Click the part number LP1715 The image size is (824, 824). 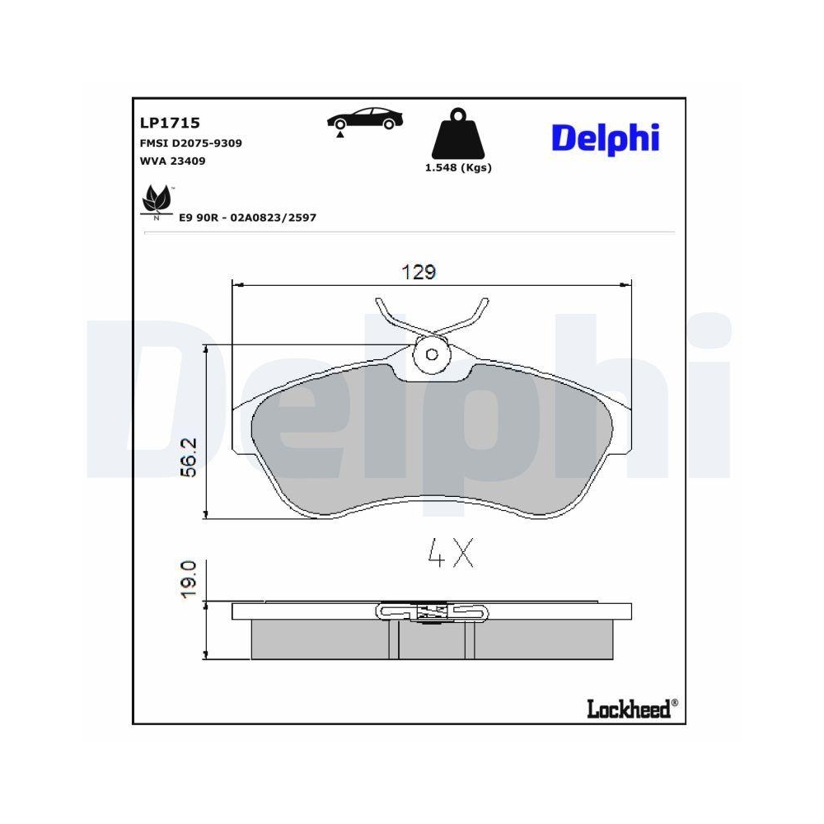click(x=171, y=123)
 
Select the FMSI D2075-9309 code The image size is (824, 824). click(x=191, y=143)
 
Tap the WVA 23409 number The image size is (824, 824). click(x=173, y=161)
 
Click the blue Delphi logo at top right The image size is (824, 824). click(x=606, y=138)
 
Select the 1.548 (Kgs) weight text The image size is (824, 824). click(x=457, y=167)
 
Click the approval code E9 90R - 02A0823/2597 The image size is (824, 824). click(x=247, y=217)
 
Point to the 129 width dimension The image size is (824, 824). click(x=419, y=272)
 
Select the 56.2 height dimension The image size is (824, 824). click(x=188, y=457)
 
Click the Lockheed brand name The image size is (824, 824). click(x=628, y=708)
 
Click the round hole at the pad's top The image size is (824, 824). click(x=432, y=354)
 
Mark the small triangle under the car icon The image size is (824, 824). click(x=339, y=133)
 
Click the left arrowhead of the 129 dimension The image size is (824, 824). click(x=238, y=284)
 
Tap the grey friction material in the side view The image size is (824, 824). click(x=321, y=639)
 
